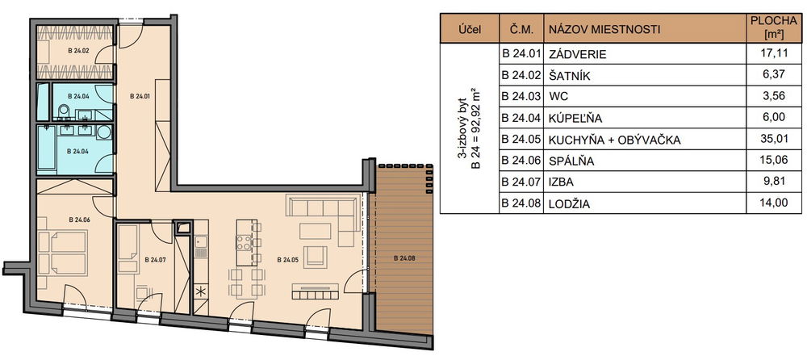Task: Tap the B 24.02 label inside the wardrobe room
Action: [x=79, y=51]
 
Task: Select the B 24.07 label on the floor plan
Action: [x=155, y=260]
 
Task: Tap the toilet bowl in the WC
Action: [x=64, y=111]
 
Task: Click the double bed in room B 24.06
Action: [x=62, y=253]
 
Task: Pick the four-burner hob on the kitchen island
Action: [x=244, y=242]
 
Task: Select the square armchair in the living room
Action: [x=315, y=257]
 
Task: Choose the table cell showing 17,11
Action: [x=772, y=53]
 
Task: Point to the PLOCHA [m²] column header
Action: [x=772, y=28]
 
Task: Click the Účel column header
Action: [x=470, y=29]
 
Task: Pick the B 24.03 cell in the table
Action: [x=521, y=96]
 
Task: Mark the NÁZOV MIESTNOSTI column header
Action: [x=604, y=29]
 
